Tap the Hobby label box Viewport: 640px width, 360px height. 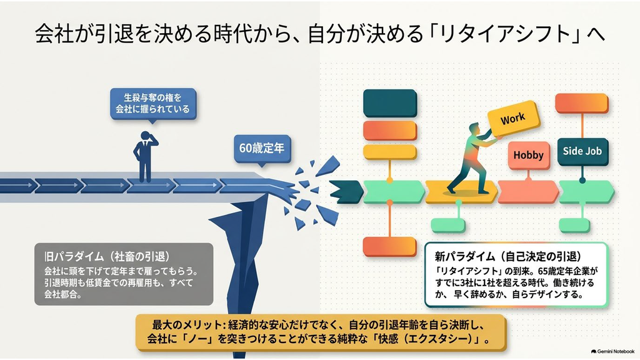(x=529, y=156)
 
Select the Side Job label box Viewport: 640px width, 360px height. (x=582, y=151)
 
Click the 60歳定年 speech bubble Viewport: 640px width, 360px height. (x=262, y=149)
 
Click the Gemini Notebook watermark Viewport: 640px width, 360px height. (x=612, y=351)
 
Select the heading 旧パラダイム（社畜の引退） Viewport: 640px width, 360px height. (x=107, y=256)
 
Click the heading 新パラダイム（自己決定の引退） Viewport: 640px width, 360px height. (x=507, y=256)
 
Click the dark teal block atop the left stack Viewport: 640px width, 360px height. (x=390, y=103)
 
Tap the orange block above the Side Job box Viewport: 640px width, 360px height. (x=582, y=103)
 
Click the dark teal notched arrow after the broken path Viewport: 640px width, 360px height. (x=346, y=192)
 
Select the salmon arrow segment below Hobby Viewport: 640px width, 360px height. (x=528, y=192)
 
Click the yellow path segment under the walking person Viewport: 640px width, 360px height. (x=461, y=192)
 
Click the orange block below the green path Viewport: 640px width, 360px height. (x=390, y=247)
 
